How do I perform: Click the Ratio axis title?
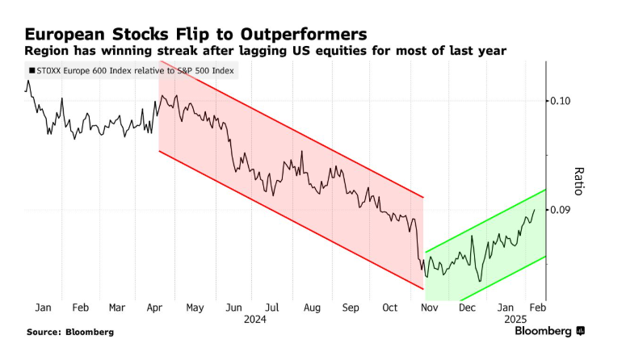coord(578,182)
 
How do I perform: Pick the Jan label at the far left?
coord(44,308)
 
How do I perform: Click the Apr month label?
coord(154,308)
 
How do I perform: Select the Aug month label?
coord(311,308)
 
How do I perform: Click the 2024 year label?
coord(254,320)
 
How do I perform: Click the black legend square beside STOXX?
coord(32,72)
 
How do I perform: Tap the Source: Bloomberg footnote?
coord(70,332)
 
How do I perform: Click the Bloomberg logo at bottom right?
coord(550,331)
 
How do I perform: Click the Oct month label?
coord(390,308)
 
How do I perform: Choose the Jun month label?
coord(234,308)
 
